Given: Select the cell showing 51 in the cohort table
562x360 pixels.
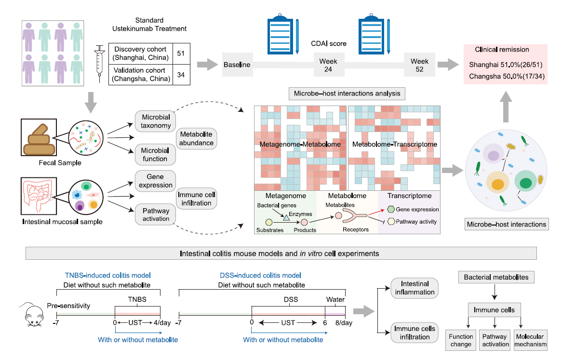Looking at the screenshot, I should coord(181,53).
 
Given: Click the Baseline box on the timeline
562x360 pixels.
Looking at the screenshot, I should coord(237,65).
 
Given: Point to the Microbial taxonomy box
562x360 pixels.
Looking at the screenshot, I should coord(155,121).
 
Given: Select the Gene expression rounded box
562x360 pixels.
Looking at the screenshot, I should coord(155,181).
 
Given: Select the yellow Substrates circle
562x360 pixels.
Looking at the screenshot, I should coord(269,222).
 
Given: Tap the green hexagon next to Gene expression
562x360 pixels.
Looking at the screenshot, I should coord(391,209).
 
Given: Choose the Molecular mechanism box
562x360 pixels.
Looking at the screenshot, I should coord(530,340).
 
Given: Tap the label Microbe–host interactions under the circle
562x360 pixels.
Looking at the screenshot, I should coord(507,224).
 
